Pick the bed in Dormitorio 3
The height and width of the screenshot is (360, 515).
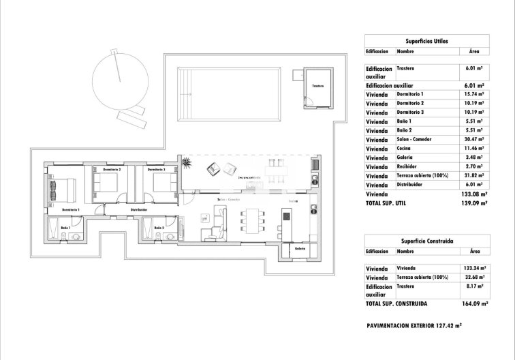pyautogui.click(x=161, y=183)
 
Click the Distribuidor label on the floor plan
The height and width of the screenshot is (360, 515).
pyautogui.click(x=140, y=209)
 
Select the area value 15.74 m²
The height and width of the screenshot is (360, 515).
pyautogui.click(x=473, y=94)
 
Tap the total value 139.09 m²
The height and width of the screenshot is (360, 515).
pyautogui.click(x=472, y=203)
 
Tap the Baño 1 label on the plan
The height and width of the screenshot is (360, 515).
pyautogui.click(x=65, y=227)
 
